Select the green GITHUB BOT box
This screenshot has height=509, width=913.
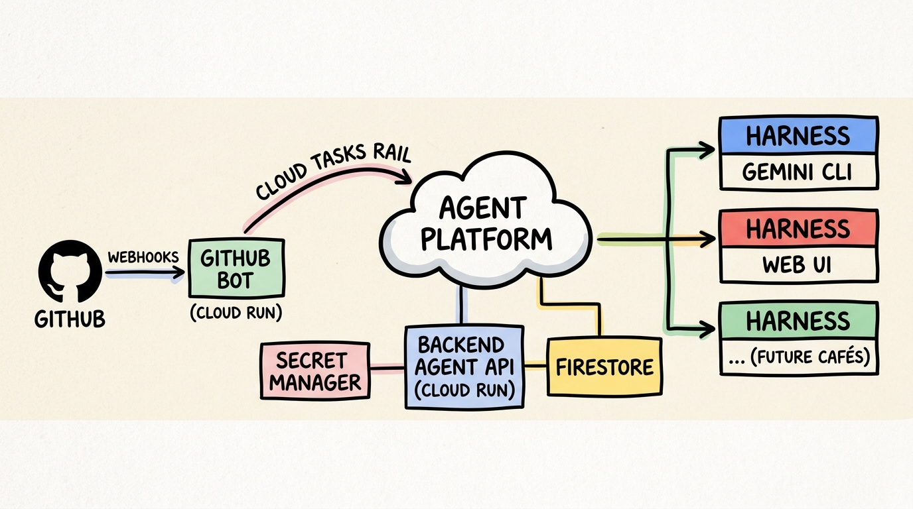point(236,268)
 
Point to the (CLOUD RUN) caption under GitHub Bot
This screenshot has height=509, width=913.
point(236,313)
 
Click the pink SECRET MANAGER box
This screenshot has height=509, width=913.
point(315,371)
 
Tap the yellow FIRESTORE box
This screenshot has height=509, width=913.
point(604,367)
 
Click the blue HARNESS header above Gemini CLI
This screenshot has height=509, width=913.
point(798,135)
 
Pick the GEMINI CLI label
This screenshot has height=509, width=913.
point(798,172)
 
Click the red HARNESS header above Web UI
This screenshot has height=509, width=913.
point(798,229)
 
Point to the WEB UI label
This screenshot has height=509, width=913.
point(798,265)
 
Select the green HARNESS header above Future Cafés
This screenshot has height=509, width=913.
point(798,321)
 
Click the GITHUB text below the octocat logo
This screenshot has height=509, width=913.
point(70,319)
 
